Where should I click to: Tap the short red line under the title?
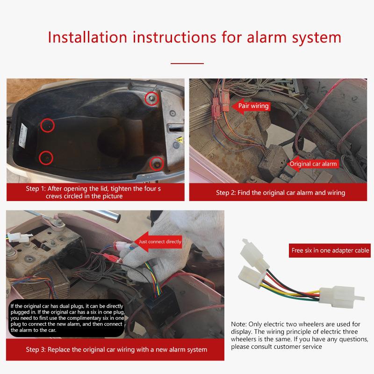[187, 62]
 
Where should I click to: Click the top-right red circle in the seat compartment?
[151, 98]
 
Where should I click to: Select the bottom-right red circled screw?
[156, 163]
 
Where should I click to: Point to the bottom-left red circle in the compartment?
[45, 158]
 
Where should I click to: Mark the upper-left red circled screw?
[47, 125]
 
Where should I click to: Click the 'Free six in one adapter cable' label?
[330, 251]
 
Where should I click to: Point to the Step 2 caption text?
[280, 193]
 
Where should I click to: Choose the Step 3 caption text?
[116, 349]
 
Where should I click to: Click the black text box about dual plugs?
[67, 318]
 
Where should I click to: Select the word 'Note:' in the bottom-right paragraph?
[239, 324]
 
